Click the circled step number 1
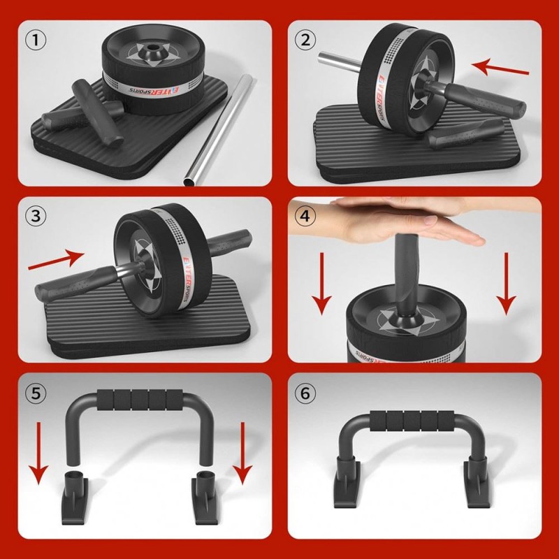pos(36,40)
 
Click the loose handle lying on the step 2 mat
pos(464,133)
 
